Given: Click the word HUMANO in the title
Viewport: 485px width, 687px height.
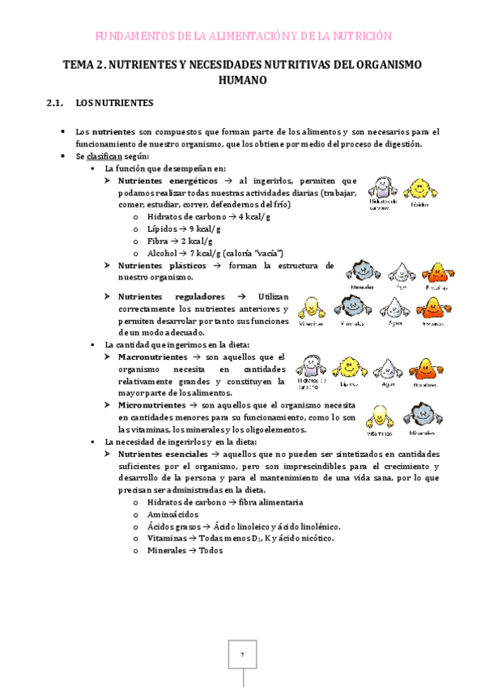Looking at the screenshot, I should coord(243,80).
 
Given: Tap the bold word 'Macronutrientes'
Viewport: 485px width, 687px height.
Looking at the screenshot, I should coord(157,356).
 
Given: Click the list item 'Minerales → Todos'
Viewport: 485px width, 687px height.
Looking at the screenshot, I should coord(185,551).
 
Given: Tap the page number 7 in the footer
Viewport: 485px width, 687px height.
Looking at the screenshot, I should coord(241,655).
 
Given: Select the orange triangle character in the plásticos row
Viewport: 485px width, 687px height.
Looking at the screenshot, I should coord(435,271).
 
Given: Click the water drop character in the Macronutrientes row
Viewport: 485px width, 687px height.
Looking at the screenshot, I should coord(385,368).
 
